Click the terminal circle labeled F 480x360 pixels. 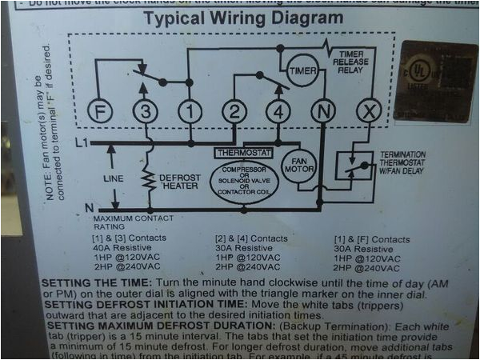97,112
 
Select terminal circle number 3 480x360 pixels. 144,112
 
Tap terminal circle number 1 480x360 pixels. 190,112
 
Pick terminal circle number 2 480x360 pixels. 234,112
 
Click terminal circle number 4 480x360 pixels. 278,112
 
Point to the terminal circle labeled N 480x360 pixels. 323,112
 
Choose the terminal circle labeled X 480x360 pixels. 368,112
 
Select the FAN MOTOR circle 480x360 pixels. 298,166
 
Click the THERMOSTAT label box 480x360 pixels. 244,152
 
